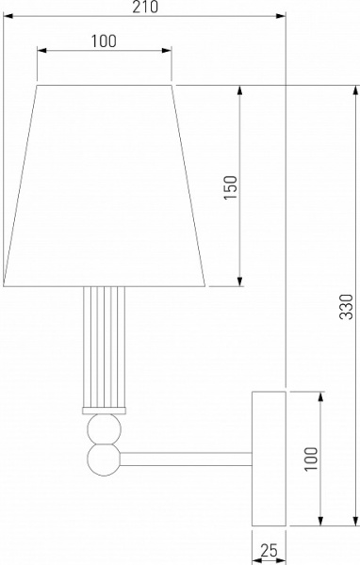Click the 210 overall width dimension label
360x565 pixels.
pos(145,7)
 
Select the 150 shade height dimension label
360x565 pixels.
pos(231,187)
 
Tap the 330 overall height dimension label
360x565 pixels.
pos(347,307)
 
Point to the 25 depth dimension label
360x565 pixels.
pos(270,551)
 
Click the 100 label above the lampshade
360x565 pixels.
pos(104,41)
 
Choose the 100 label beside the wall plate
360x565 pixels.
pos(311,459)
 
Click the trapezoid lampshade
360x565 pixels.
pos(105,186)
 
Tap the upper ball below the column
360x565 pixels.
pos(105,428)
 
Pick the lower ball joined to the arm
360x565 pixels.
pos(104,460)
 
